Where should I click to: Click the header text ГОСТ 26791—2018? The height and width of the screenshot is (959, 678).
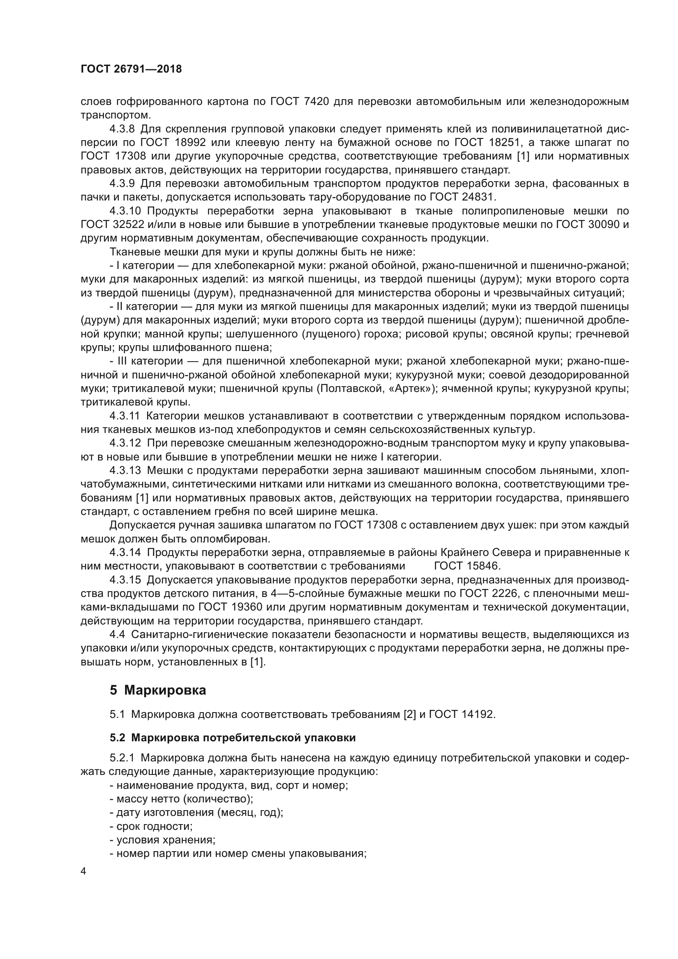coord(131,69)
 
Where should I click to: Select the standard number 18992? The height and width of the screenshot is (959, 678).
coord(189,143)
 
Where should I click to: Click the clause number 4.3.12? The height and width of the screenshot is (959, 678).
coord(125,443)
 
